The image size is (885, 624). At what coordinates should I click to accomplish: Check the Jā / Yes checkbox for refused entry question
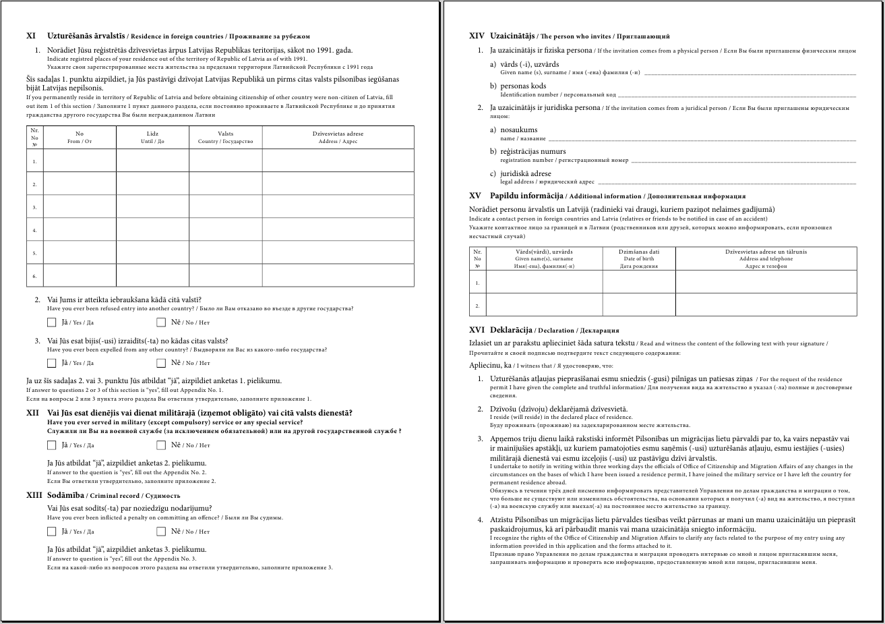coord(52,322)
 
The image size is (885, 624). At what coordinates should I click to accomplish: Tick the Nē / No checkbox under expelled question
coord(161,363)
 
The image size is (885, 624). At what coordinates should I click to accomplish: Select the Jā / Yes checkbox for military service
coord(52,445)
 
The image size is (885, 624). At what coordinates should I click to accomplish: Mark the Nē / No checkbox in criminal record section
coord(161,532)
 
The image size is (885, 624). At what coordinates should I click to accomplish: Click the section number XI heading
coord(31,36)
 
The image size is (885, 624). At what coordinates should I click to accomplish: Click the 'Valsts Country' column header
coord(225,138)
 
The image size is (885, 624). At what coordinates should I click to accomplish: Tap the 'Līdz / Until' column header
coord(152,138)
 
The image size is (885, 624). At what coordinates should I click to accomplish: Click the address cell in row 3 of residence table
coord(338,206)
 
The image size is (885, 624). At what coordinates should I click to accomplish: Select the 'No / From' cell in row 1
coord(80,161)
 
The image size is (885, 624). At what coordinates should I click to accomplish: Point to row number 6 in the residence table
coord(34,276)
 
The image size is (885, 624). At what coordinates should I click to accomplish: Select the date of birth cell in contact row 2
coord(638,305)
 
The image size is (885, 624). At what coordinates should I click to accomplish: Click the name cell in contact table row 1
coord(544,282)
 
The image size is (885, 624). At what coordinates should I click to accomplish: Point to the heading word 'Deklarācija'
coord(512,331)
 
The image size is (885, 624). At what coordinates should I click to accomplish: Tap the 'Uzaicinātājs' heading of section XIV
coord(512,36)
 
